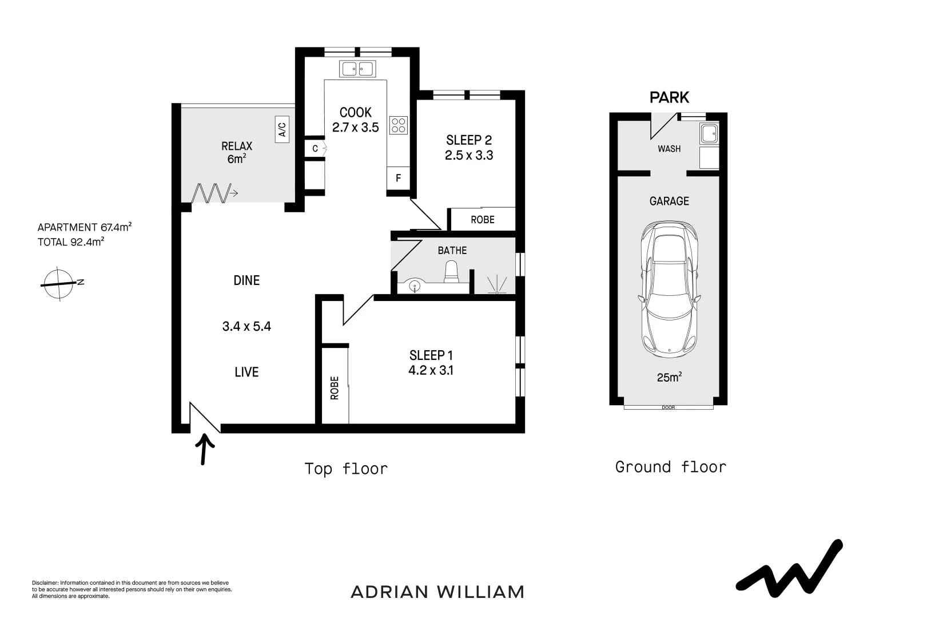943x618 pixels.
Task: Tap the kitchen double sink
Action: [x=357, y=69]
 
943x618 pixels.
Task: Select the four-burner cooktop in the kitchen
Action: [x=398, y=125]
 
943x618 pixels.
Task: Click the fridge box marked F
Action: [x=398, y=178]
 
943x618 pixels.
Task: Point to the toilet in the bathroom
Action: [x=452, y=271]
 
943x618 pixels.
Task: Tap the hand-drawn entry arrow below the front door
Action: [x=205, y=449]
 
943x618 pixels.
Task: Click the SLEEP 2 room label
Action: [x=468, y=140]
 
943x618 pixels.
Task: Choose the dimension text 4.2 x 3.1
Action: [x=431, y=370]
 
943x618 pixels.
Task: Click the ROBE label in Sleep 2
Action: [x=483, y=220]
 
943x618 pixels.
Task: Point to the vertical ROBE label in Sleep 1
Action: [x=335, y=387]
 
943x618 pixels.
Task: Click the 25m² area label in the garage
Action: [x=669, y=378]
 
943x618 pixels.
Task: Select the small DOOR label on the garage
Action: [x=668, y=408]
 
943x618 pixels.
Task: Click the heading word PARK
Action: [x=669, y=97]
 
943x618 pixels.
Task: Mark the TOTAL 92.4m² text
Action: [x=70, y=242]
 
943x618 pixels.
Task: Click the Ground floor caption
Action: [x=670, y=467]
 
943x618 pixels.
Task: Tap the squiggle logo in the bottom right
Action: [x=789, y=566]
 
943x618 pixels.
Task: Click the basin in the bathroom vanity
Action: [x=415, y=284]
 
